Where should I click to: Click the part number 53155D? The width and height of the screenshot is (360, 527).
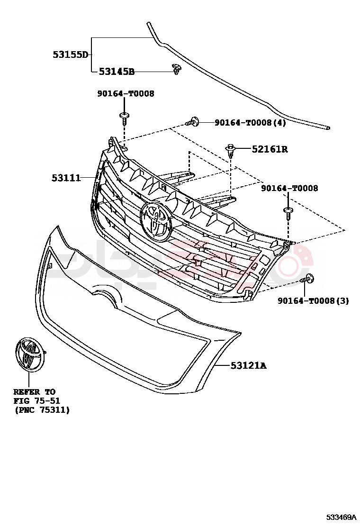(70, 55)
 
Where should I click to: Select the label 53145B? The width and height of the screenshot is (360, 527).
(117, 72)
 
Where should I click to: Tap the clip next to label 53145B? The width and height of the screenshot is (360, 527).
(177, 70)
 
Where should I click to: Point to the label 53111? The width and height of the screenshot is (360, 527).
(66, 178)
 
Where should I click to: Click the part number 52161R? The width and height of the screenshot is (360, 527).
(270, 149)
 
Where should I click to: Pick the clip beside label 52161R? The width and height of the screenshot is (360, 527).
(231, 151)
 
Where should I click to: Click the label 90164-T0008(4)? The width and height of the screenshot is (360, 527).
(250, 123)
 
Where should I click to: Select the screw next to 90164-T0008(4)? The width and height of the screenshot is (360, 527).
(192, 122)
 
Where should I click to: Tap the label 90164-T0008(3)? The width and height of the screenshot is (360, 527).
(313, 300)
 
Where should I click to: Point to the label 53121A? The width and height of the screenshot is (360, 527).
(248, 365)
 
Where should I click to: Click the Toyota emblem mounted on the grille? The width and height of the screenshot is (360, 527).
(155, 219)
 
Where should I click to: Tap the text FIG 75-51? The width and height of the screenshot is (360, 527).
(36, 401)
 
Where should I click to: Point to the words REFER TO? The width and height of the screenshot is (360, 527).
(34, 392)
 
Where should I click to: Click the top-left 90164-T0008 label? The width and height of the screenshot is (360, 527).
(126, 94)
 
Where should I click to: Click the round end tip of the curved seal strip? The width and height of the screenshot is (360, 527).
(328, 127)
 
